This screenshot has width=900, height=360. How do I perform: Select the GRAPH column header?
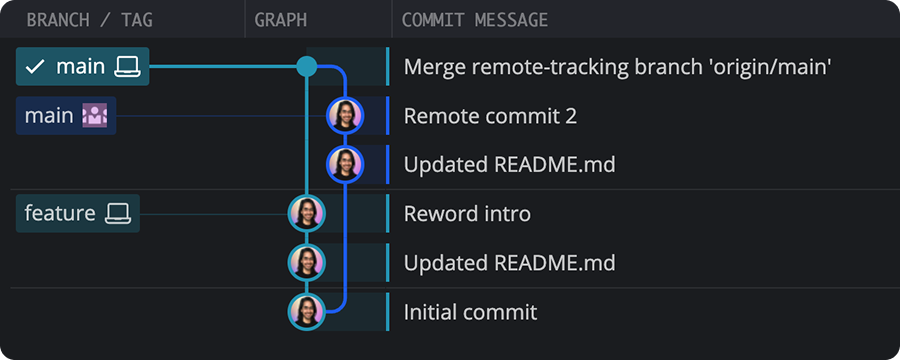pos(281,20)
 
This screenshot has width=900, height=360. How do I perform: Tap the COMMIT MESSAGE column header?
pos(475,20)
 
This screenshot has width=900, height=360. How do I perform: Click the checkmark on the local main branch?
pos(35,67)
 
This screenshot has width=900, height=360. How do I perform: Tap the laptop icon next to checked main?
pos(127,67)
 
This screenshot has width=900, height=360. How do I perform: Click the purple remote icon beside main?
pos(95,116)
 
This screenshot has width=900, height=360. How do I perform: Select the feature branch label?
pos(60,213)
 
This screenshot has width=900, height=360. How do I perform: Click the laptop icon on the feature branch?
pos(118,213)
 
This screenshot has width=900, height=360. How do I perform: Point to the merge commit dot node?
pos(307,67)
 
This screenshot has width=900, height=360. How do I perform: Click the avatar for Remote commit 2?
pos(345,116)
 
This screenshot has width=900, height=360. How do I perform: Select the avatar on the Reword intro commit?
pos(307,213)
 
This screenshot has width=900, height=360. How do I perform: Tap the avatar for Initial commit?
pos(307,311)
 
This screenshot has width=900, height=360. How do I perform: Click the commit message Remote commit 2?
pos(490,116)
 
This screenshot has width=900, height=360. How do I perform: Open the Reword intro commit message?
pos(467,213)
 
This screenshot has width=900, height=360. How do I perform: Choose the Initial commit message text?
pos(470,312)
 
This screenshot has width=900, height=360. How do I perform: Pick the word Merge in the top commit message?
pos(431,67)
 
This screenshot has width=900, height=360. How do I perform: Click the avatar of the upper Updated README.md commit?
pos(345,164)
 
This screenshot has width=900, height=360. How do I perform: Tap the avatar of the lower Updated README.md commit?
pos(307,262)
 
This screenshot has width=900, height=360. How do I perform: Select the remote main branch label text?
pos(49,116)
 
